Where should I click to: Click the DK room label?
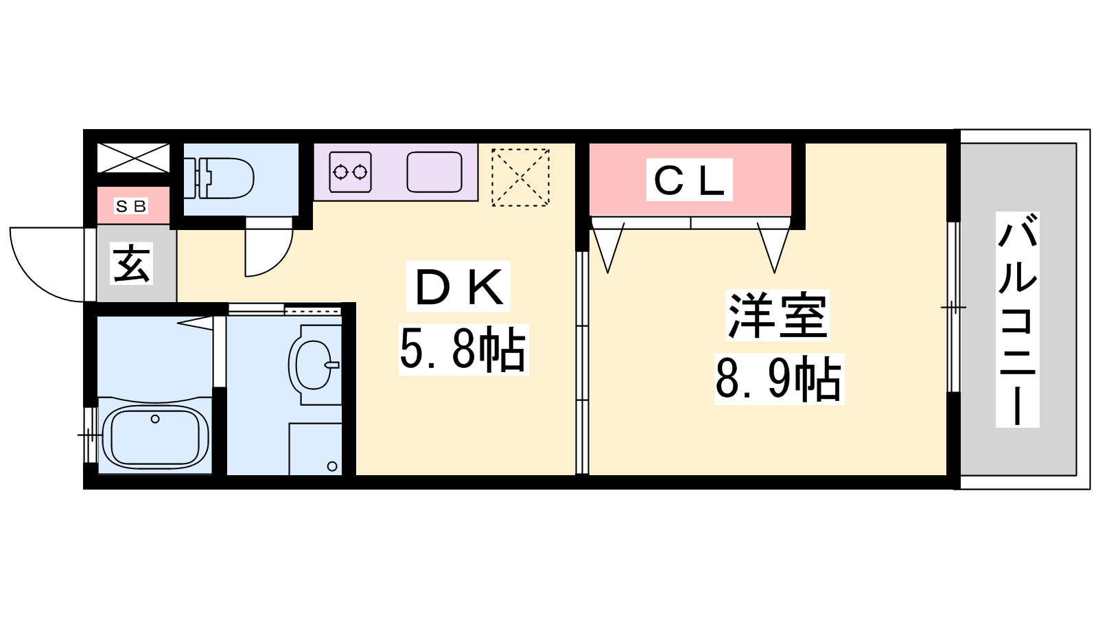[x=459, y=287]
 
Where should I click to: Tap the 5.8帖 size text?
[x=463, y=350]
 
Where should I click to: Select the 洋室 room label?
[x=778, y=315]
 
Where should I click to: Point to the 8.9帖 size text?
[x=779, y=378]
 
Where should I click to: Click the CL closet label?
[x=689, y=180]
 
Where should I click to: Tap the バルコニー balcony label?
[x=1018, y=319]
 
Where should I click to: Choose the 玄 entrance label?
[x=131, y=264]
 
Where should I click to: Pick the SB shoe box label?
[x=131, y=206]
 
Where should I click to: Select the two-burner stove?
[x=350, y=172]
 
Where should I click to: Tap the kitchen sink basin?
[x=434, y=172]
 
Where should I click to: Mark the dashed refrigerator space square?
[x=520, y=177]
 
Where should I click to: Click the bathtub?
[x=155, y=435]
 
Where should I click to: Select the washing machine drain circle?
[x=332, y=466]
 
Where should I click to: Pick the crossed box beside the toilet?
[x=133, y=158]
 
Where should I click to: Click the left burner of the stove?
[x=340, y=172]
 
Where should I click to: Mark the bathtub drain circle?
[x=155, y=419]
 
